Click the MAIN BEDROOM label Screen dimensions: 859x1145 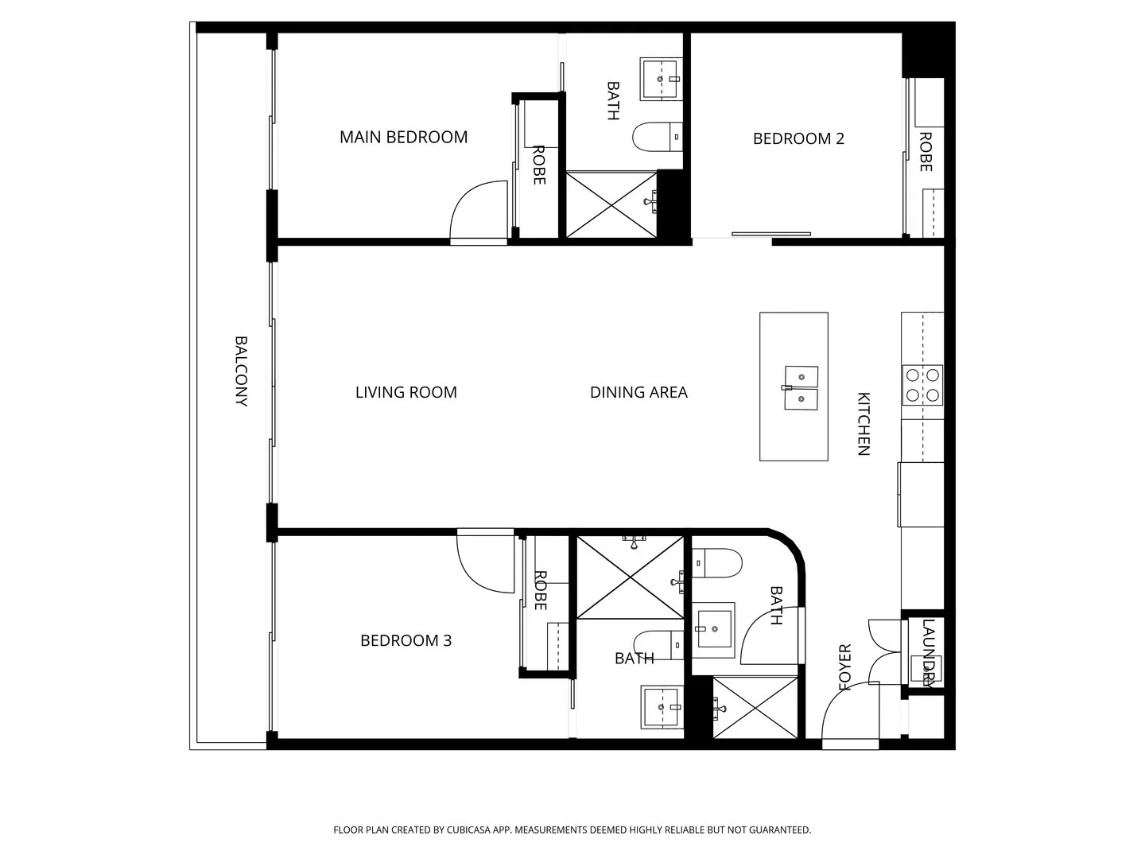[x=403, y=137]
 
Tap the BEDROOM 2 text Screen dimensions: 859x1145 [x=798, y=138]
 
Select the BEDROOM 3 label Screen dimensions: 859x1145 [x=406, y=640]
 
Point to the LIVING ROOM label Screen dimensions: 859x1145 [x=406, y=392]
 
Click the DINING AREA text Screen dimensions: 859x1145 [x=638, y=392]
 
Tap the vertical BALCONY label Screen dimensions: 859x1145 [x=241, y=371]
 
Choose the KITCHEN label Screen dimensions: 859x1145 [x=864, y=424]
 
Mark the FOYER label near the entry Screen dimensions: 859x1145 [x=844, y=667]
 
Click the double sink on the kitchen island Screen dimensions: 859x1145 [x=801, y=387]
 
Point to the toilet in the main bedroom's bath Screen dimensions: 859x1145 [x=658, y=138]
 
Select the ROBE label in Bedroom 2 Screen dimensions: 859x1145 [x=926, y=152]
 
